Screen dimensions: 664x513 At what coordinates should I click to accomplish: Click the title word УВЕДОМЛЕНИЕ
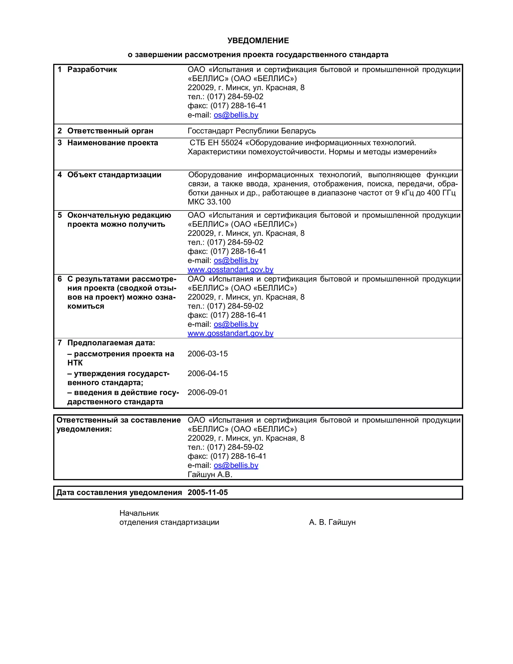pos(258,40)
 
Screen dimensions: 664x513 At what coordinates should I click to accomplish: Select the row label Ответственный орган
pos(110,131)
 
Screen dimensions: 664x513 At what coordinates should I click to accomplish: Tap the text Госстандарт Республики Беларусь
pos(252,131)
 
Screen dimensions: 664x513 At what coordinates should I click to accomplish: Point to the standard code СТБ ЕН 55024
pos(216,143)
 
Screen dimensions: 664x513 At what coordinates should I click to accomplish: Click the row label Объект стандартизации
pos(114,175)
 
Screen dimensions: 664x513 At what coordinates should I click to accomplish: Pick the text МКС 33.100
pos(209,202)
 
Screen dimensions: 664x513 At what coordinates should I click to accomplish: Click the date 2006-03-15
pos(208,354)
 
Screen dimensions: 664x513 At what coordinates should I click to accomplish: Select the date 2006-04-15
pos(208,374)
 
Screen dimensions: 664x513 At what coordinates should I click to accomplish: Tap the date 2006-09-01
pos(208,392)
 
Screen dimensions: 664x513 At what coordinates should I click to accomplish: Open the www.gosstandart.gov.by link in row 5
pos(230,270)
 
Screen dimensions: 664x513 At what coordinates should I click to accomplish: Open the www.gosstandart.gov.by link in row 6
pos(230,334)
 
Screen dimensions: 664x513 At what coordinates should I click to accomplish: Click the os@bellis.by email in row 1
pos(236,115)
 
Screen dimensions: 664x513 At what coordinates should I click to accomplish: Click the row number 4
pos(60,175)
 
